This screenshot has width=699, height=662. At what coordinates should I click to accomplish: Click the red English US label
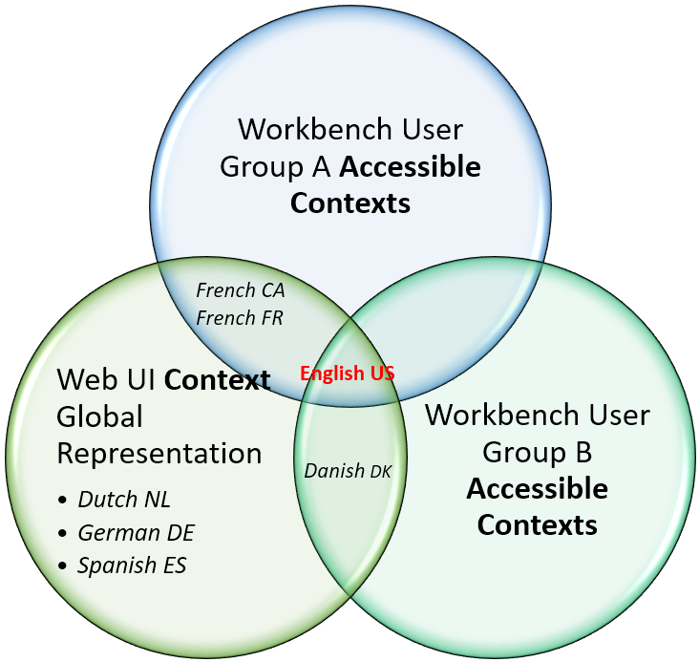point(348,374)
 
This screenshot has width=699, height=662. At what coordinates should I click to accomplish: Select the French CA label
point(240,289)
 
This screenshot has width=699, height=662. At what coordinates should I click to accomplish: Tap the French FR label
point(240,317)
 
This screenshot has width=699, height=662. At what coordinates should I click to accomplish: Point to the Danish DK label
point(348,470)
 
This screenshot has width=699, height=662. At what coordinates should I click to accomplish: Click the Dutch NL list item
point(124,499)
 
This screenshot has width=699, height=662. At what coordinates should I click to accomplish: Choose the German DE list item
point(136,532)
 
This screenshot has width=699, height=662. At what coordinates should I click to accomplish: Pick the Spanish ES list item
point(132,566)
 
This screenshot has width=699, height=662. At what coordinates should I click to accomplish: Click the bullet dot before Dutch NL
point(63,501)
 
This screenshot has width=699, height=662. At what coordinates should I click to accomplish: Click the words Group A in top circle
point(276,167)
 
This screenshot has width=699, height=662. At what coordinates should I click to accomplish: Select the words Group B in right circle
point(538,452)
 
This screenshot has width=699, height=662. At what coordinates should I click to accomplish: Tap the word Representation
point(159,453)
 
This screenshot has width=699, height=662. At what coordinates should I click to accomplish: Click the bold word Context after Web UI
point(217,379)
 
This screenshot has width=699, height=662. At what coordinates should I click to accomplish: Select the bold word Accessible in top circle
point(411,167)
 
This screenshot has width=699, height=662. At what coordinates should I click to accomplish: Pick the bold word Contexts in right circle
point(538,524)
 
